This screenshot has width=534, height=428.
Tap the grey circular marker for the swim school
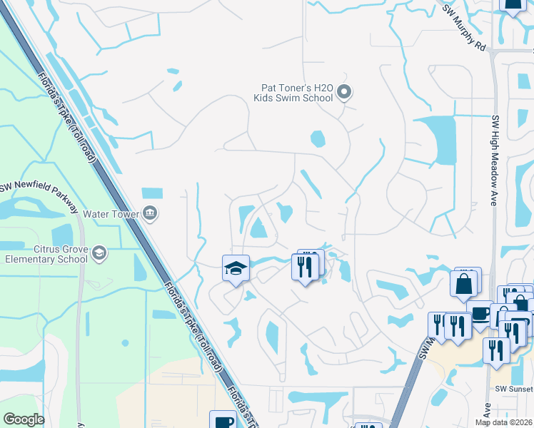click(344, 91)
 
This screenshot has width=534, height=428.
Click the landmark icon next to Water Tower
click(151, 212)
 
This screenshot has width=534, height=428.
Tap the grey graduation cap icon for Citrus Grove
click(99, 253)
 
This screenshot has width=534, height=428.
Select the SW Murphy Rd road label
click(464, 29)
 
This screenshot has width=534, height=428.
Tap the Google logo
click(24, 419)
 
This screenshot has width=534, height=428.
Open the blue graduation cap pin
click(236, 269)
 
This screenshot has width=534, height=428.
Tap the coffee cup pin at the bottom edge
click(223, 421)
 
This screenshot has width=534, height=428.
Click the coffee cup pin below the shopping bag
click(480, 314)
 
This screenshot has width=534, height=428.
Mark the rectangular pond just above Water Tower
click(152, 193)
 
